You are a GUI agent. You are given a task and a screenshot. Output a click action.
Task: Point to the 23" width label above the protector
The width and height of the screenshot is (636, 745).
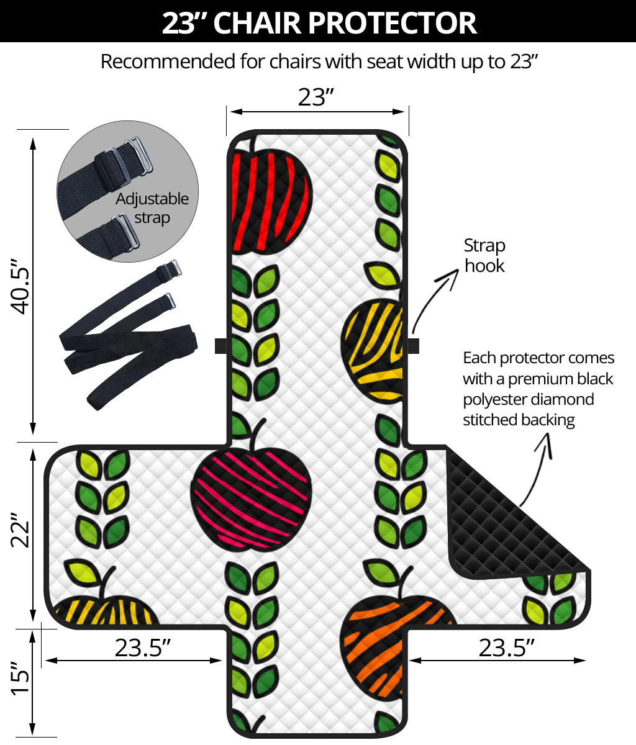[316, 97]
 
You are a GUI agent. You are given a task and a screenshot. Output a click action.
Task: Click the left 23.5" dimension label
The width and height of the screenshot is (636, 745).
[143, 648]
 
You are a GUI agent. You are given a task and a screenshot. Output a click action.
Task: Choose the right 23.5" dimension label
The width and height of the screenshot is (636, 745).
[507, 648]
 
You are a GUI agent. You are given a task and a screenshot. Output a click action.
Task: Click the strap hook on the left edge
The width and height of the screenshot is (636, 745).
[220, 346]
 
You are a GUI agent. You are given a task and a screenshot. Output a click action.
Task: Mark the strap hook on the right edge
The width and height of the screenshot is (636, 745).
[413, 346]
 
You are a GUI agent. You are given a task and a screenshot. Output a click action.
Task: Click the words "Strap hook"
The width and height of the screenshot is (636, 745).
[484, 255]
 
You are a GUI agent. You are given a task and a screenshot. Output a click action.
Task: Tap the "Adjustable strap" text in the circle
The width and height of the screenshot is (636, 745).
[152, 208]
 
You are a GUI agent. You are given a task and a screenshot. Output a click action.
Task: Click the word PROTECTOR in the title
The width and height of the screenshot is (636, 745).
[392, 23]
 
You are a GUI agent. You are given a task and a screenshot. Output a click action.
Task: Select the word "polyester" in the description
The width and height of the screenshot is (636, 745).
[496, 399]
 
